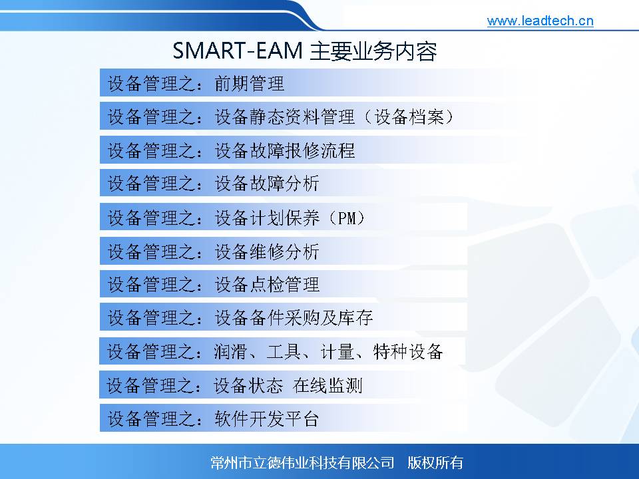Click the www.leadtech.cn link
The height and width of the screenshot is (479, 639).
point(540,21)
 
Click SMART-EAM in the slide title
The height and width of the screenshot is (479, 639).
point(238,51)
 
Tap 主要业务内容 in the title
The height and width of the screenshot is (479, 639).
point(373,51)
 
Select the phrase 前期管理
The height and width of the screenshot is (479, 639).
point(250,84)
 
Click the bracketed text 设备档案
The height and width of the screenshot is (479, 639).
point(409,117)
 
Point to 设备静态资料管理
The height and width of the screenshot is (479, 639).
point(285,117)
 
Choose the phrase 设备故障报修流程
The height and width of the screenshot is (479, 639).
point(285,150)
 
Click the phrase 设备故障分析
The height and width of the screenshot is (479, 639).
point(267,184)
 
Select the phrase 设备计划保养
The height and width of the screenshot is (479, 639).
point(267,218)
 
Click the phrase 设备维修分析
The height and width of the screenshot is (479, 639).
point(267,251)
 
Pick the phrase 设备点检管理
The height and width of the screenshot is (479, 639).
point(267,284)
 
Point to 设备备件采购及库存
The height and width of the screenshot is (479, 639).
point(294,318)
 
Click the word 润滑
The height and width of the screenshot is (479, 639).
point(231,351)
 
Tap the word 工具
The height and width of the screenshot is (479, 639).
point(284,351)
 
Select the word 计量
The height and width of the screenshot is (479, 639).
point(337,351)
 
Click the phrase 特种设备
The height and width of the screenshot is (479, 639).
point(408,351)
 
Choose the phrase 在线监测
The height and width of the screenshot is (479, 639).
point(327,385)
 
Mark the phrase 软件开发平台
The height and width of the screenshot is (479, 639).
point(267,418)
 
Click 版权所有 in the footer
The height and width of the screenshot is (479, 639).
point(435,463)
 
